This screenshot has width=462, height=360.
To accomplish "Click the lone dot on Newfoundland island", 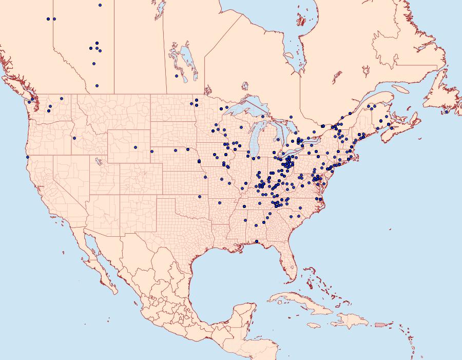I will point(447,111).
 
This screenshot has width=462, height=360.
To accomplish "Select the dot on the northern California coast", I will point(28,157).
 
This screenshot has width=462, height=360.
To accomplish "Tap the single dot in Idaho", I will point(74,138).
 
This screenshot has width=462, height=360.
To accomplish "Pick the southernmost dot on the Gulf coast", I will point(256,242).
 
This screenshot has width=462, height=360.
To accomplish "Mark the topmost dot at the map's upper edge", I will point(100,5).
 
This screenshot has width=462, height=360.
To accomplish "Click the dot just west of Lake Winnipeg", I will point(177,76).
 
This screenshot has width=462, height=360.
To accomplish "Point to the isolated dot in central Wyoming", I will point(136,147).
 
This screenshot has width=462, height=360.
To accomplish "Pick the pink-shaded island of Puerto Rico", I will point(380,325).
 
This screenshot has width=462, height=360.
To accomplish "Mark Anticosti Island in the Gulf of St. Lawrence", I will point(402,88).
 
